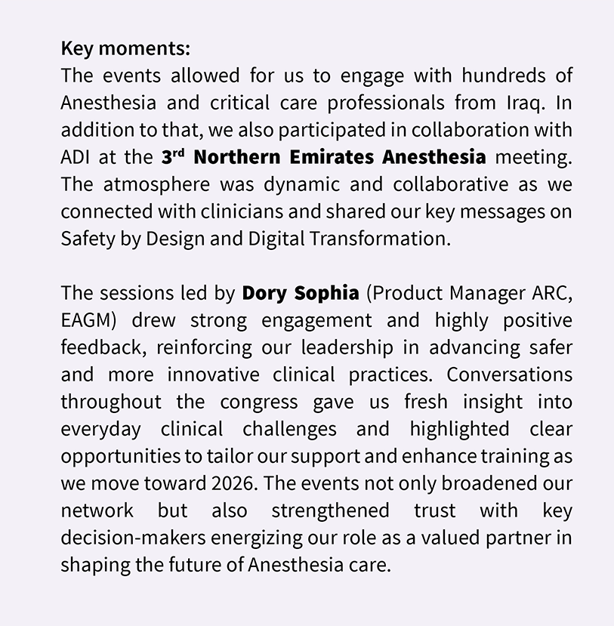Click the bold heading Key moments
125,49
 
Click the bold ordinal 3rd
173,157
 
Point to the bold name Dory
267,293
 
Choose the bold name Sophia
329,293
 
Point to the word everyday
100,429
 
